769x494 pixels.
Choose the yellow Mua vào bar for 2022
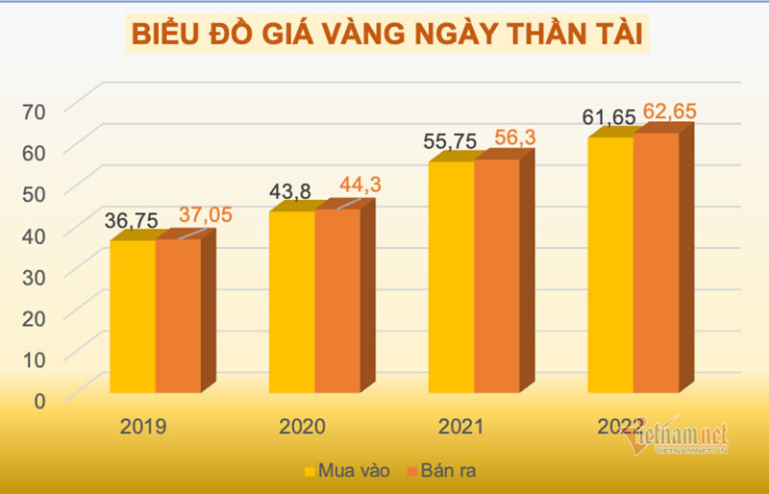610,264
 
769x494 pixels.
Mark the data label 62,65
670,112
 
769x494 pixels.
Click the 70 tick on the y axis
35,111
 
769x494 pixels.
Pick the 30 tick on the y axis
35,275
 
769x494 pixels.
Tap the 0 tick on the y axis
39,400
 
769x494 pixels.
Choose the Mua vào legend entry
341,472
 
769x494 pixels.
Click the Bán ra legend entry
441,472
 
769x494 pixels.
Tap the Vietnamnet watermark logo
678,438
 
